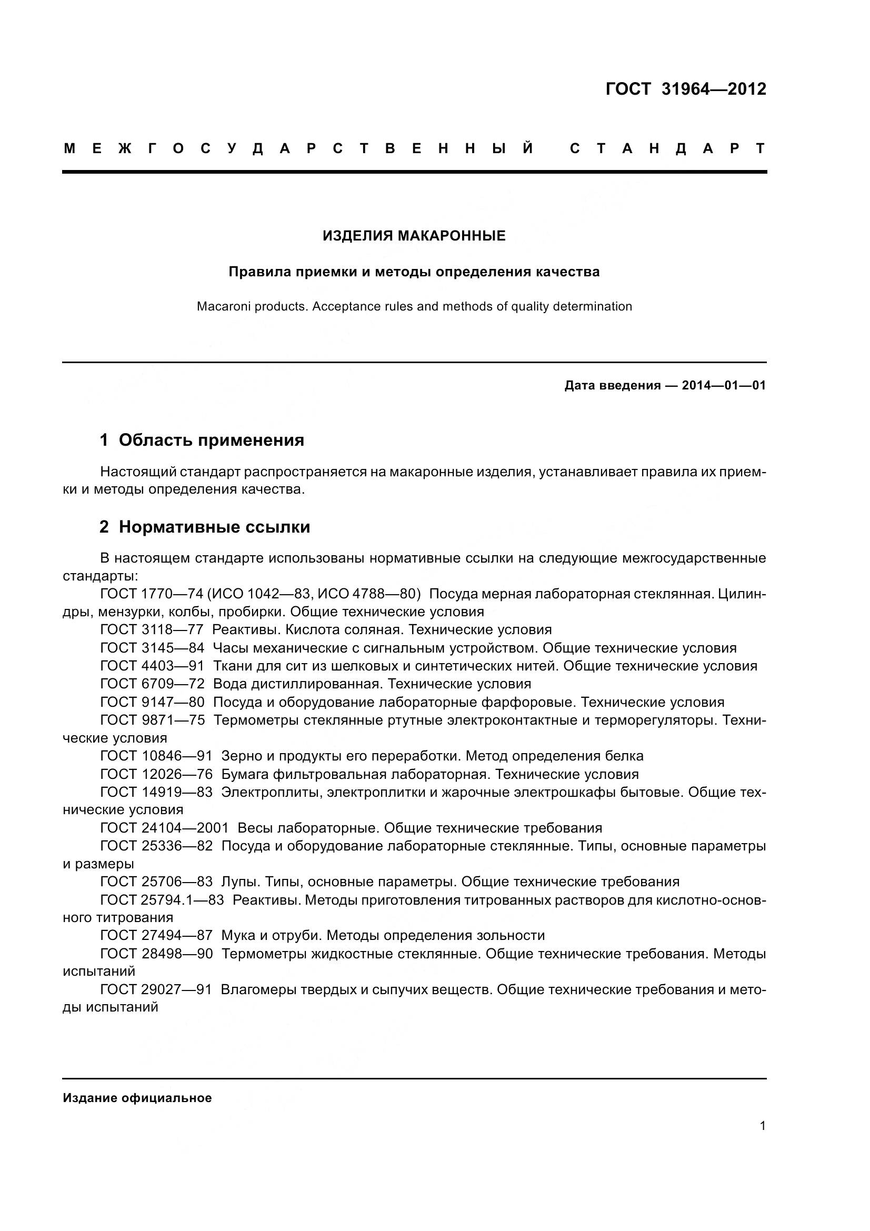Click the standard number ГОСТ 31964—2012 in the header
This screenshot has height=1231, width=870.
pyautogui.click(x=686, y=89)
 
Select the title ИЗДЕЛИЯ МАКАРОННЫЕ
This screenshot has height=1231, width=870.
pyautogui.click(x=414, y=236)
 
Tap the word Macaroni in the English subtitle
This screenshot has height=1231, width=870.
pyautogui.click(x=221, y=307)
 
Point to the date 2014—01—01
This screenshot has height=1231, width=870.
pyautogui.click(x=724, y=385)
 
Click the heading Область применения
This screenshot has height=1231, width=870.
pyautogui.click(x=211, y=440)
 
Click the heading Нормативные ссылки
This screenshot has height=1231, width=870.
pyautogui.click(x=214, y=527)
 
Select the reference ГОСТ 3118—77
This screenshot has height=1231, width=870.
pyautogui.click(x=152, y=629)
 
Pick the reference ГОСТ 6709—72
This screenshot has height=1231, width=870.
pyautogui.click(x=152, y=684)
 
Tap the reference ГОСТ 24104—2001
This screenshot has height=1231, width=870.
pyautogui.click(x=164, y=828)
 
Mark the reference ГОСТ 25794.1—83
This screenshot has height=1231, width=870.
pyautogui.click(x=162, y=899)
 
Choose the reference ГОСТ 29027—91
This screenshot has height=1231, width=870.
pyautogui.click(x=156, y=990)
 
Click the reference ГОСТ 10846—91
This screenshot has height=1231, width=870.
pyautogui.click(x=156, y=756)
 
